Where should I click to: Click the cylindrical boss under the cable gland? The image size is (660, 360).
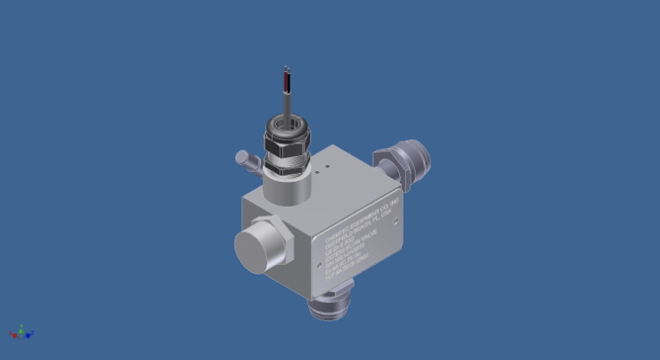coord(286,187)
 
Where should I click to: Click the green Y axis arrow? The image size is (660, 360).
coord(20,329)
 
